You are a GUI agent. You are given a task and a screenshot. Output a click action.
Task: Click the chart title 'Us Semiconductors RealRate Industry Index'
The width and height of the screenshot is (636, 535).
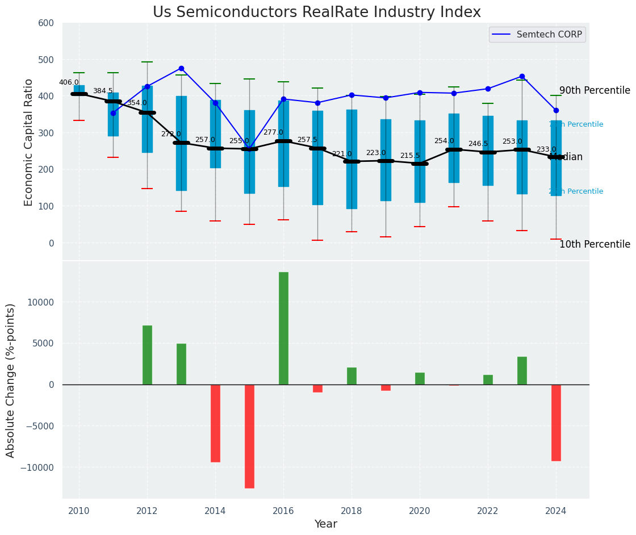pyautogui.click(x=316, y=12)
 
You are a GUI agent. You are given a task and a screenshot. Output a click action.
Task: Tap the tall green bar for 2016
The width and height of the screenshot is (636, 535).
pyautogui.click(x=283, y=328)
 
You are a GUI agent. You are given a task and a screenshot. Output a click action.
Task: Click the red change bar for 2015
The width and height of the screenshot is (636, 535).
pyautogui.click(x=249, y=436)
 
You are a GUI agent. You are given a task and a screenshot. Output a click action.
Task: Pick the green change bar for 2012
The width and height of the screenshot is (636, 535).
pyautogui.click(x=147, y=355)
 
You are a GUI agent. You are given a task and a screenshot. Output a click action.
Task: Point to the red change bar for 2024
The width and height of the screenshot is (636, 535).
pyautogui.click(x=556, y=423)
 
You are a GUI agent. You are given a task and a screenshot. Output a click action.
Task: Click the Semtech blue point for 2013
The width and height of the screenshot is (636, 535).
pyautogui.click(x=181, y=68)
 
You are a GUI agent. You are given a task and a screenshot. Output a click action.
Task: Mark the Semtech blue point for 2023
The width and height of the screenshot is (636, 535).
pyautogui.click(x=522, y=76)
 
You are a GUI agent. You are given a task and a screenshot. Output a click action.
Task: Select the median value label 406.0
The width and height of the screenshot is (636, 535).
pyautogui.click(x=69, y=82)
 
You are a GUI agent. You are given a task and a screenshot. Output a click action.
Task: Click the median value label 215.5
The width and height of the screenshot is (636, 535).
pyautogui.click(x=410, y=156)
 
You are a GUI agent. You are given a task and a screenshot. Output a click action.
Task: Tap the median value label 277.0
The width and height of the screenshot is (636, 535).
pyautogui.click(x=273, y=132)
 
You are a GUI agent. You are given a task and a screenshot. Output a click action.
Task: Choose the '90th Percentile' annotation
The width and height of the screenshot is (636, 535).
pyautogui.click(x=595, y=91)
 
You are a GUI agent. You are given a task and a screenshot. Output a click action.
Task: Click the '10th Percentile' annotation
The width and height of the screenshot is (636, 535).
pyautogui.click(x=595, y=245)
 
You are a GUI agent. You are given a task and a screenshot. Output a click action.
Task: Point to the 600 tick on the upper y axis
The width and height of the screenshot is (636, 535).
pyautogui.click(x=46, y=23)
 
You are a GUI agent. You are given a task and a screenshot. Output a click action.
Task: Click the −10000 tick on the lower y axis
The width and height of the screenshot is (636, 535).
pyautogui.click(x=37, y=467)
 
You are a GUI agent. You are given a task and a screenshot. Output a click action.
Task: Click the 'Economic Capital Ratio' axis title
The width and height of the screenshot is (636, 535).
pyautogui.click(x=28, y=142)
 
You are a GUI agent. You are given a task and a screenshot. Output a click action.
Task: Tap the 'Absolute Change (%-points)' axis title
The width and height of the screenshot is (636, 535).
pyautogui.click(x=11, y=381)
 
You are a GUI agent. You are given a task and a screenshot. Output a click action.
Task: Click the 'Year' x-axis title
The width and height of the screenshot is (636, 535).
pyautogui.click(x=326, y=524)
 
